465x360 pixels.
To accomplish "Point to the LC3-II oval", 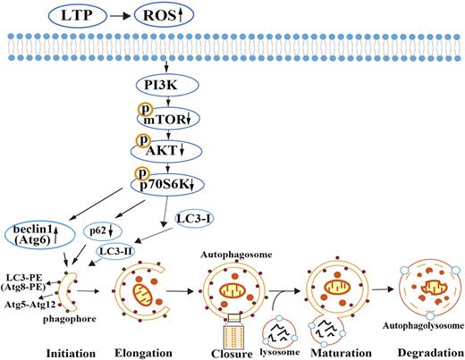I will pos(118,253).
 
